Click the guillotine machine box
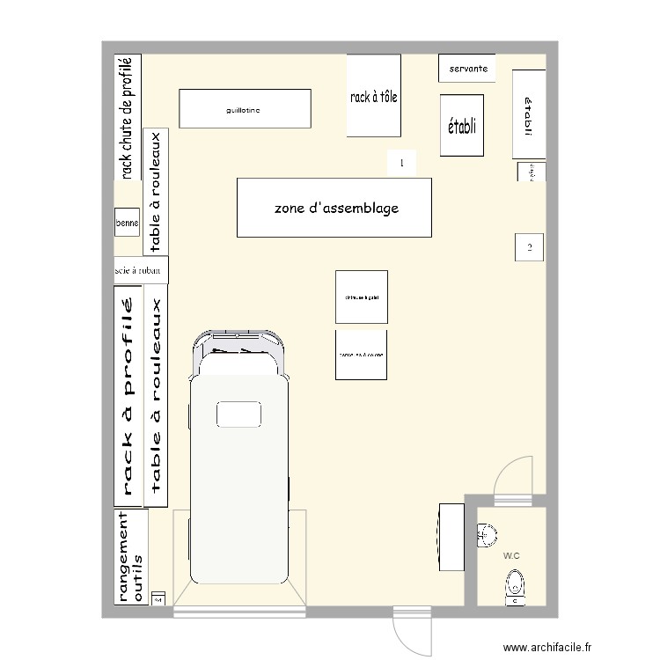click(246, 109)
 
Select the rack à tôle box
click(374, 96)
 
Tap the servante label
click(467, 68)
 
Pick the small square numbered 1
click(401, 163)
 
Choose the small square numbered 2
click(529, 247)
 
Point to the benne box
click(127, 224)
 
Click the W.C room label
click(511, 556)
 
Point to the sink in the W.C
click(487, 532)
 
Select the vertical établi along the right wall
click(527, 115)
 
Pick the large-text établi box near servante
click(462, 126)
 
